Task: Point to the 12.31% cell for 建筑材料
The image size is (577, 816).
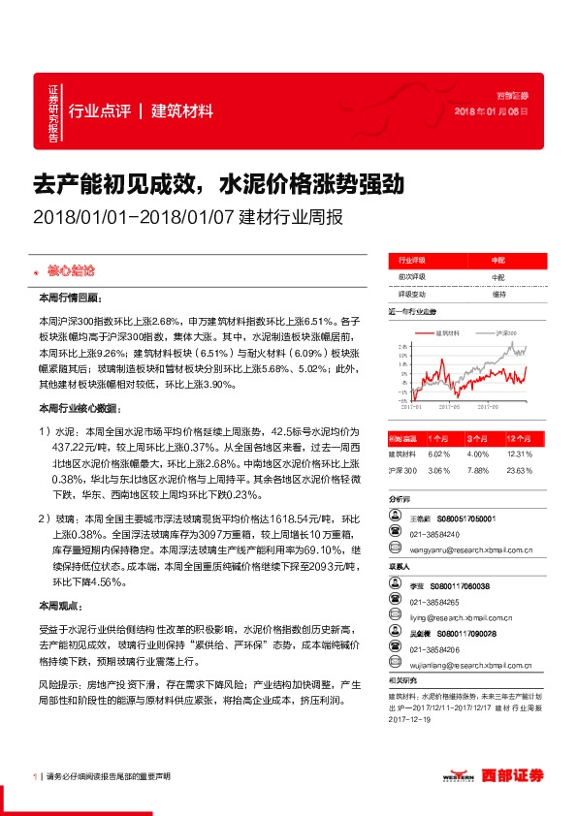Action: (520, 453)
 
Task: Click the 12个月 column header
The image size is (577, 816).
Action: (520, 438)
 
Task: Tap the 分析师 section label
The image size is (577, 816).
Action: (400, 501)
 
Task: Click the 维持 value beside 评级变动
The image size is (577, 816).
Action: (498, 293)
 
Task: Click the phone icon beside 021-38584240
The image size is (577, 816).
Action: (398, 536)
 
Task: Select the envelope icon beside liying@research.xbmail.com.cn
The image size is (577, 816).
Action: (398, 616)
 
